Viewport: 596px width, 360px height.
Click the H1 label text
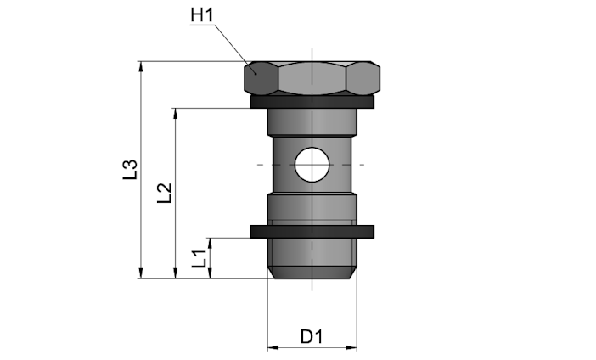[202, 15]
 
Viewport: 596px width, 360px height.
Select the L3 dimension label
[130, 170]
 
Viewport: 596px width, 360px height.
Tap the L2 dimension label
[165, 193]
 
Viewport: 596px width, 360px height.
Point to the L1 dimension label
[200, 259]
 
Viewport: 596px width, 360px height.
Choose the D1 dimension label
[312, 336]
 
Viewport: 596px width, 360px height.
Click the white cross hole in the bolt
[312, 165]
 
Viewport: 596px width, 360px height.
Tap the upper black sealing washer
[312, 102]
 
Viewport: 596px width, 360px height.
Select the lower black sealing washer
[312, 232]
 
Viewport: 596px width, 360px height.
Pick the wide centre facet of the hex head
[312, 78]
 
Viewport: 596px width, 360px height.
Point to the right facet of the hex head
[363, 78]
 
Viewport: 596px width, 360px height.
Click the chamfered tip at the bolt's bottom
[312, 273]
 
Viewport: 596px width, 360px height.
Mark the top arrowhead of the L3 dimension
[141, 66]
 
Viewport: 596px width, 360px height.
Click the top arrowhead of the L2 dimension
[176, 113]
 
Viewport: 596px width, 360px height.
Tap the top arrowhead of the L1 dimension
[211, 244]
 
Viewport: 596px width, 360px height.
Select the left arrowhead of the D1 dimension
[273, 347]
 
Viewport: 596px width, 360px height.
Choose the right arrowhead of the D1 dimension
[351, 347]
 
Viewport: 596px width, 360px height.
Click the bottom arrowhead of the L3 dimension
[141, 273]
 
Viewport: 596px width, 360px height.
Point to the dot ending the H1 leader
[256, 74]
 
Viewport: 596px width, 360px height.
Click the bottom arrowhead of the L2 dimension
[176, 273]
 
